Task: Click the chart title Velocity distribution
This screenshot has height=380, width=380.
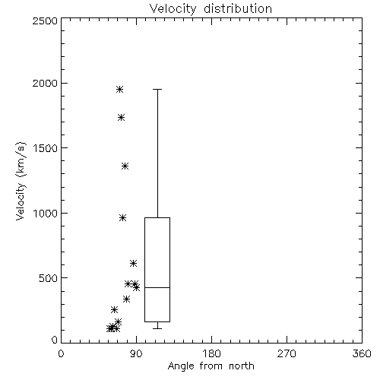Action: point(211,9)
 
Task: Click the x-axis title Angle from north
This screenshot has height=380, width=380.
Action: point(211,366)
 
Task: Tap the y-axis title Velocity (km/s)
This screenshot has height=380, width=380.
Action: point(21,181)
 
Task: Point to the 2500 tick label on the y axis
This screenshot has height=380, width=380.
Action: point(45,21)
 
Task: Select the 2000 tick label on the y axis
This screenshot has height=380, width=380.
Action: point(45,84)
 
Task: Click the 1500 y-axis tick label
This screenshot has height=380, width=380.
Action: point(46,148)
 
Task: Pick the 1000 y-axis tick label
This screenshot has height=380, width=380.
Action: point(46,214)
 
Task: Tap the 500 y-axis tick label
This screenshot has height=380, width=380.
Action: point(49,278)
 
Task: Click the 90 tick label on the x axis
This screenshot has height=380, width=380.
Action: point(136,353)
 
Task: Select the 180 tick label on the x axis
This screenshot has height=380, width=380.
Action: point(211,353)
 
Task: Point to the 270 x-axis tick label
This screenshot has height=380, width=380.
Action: point(287,353)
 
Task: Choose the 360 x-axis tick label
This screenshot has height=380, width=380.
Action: point(362,353)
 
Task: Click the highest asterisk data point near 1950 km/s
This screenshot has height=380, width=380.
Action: point(120,89)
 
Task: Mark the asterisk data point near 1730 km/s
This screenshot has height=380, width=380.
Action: point(122,117)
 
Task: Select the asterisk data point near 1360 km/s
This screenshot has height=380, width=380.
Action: point(125,166)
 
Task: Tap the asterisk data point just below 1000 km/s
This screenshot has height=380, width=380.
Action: point(123,218)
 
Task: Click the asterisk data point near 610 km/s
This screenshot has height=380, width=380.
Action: point(133,264)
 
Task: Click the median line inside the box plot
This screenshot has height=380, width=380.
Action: point(157,287)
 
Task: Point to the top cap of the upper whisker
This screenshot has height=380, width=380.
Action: point(157,89)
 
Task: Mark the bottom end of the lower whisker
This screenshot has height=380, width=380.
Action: point(157,328)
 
